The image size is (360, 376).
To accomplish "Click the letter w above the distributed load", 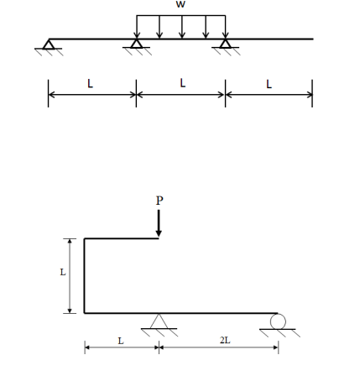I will pos(180,5).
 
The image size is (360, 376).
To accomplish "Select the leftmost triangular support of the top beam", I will pos(48,44).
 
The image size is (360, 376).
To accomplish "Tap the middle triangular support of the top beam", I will pos(137,44).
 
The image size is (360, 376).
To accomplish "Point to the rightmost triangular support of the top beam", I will pos(225,44).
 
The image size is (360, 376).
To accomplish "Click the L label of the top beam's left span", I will pos(91,84).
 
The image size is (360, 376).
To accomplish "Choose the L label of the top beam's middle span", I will pos(182,84).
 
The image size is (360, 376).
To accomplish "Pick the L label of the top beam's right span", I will pos(269,84).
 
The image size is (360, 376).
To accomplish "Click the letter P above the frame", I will pos(159,201).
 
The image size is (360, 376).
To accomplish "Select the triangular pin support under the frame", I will pos(159,321).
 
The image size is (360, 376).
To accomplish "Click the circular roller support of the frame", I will pos(278,321).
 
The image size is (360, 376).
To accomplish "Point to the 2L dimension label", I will pos(224,340).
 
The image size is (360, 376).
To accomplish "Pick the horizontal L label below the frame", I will pos(120,340).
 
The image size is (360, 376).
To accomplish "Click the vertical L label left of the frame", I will pos(62,272).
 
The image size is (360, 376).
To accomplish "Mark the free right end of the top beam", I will pos(312,39).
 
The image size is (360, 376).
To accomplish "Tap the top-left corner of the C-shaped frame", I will pos(85,239).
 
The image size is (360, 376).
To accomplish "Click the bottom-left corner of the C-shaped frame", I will pos(85,313).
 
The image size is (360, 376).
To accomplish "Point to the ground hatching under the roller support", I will pos(279,333).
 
